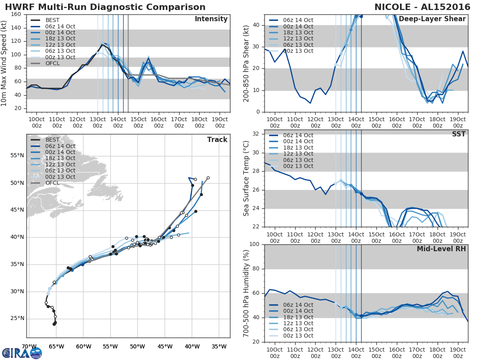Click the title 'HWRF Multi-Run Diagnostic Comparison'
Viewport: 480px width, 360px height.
pos(105,7)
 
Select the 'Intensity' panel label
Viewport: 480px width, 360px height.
pos(211,19)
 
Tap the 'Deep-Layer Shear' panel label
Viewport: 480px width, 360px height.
pos(432,19)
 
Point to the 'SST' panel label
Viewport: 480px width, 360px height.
pos(458,134)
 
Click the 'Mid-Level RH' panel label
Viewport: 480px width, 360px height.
pos(441,249)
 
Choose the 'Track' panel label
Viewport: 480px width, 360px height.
pos(217,140)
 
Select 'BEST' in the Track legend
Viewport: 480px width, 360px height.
pos(52,140)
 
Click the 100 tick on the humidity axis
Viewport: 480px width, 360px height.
pos(255,244)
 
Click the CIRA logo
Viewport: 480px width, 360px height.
pos(22,352)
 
